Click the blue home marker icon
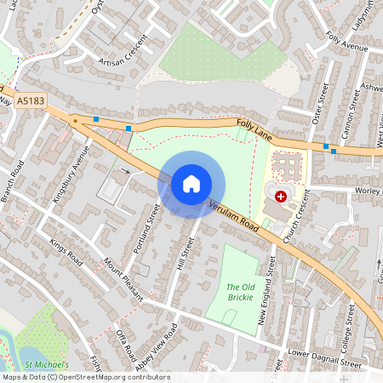(191, 183)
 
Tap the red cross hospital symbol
(281, 196)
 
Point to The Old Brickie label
(244, 293)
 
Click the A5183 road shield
(29, 100)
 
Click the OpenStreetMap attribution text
(85, 377)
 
